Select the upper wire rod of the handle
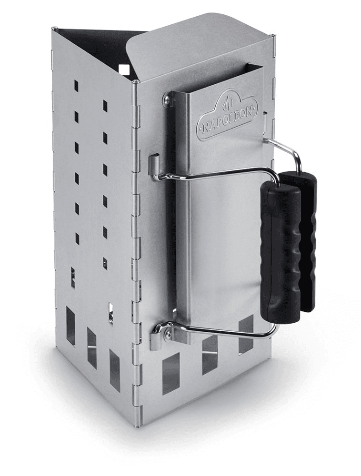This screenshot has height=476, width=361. [214, 174]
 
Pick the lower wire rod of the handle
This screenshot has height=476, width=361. [219, 331]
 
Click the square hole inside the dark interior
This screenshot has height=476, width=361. [124, 69]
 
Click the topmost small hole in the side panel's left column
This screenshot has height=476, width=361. [76, 86]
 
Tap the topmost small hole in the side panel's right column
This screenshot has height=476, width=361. [105, 106]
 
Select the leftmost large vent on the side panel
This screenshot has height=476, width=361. [70, 326]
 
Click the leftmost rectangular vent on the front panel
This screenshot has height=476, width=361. [171, 374]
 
